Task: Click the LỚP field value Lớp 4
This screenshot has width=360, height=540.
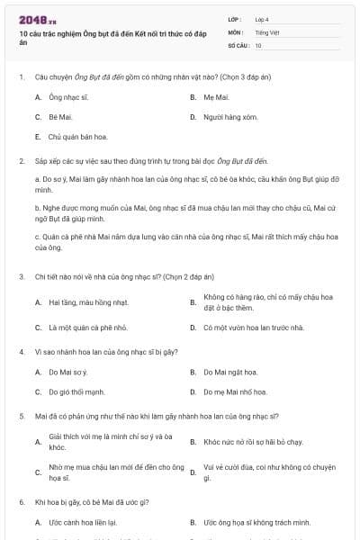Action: (262, 19)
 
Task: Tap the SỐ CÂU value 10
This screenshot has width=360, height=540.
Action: (258, 45)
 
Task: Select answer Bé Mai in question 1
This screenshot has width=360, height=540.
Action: (59, 117)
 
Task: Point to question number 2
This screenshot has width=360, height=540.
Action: (21, 160)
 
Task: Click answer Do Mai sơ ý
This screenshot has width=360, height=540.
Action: (67, 372)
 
